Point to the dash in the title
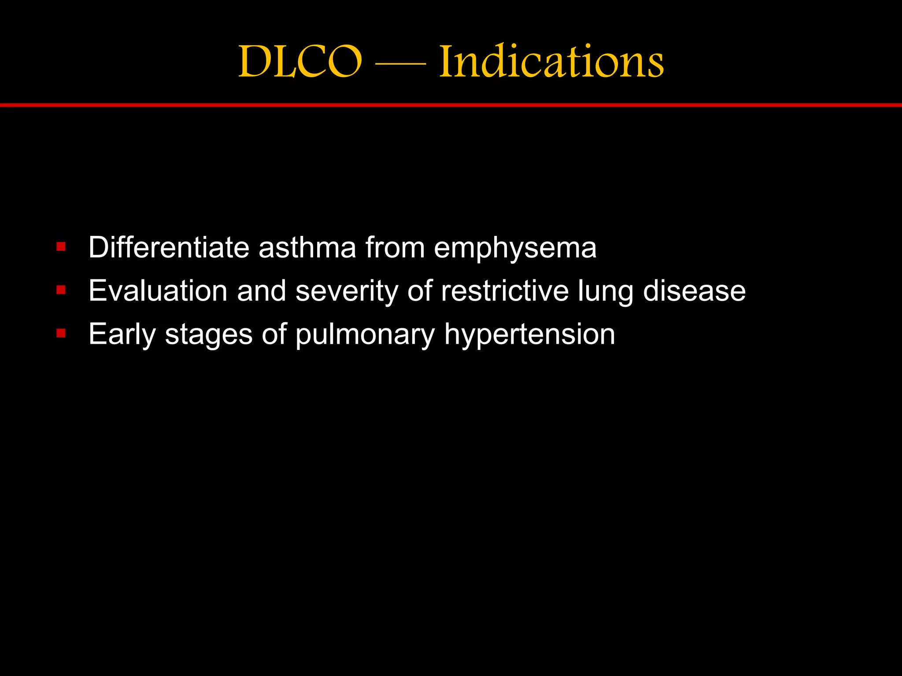pos(400,64)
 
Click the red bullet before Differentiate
pos(61,247)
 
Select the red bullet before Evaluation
pos(61,290)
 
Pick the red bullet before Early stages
pos(61,334)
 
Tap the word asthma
pos(307,247)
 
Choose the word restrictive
pos(505,291)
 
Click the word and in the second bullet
pos(262,291)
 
